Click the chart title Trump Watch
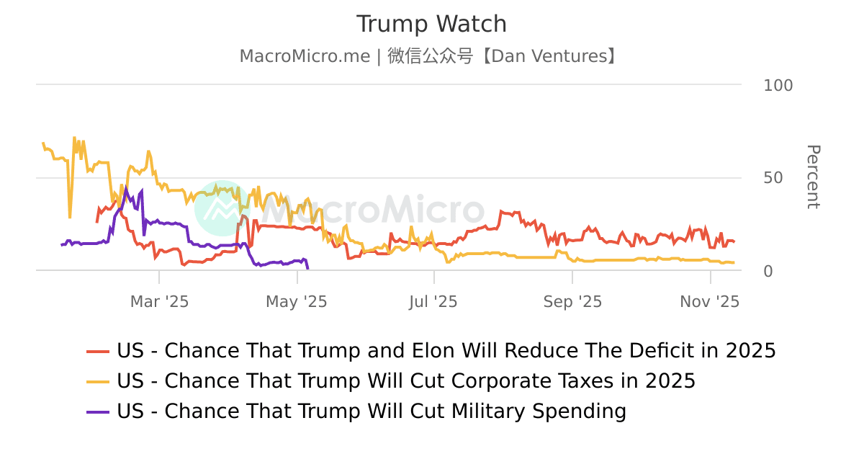(431, 24)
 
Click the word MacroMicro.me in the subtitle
(305, 56)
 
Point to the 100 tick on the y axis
(778, 85)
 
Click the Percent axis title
(812, 177)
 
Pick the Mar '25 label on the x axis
(159, 302)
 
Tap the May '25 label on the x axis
(297, 302)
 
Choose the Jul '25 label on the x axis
(433, 302)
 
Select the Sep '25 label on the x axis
(572, 302)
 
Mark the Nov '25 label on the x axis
(709, 302)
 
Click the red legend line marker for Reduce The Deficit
(98, 351)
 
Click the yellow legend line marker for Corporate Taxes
(98, 381)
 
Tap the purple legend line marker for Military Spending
(98, 411)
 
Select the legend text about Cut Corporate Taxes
(406, 381)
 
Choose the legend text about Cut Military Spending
(372, 411)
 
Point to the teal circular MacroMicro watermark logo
(222, 208)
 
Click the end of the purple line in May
(307, 269)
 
